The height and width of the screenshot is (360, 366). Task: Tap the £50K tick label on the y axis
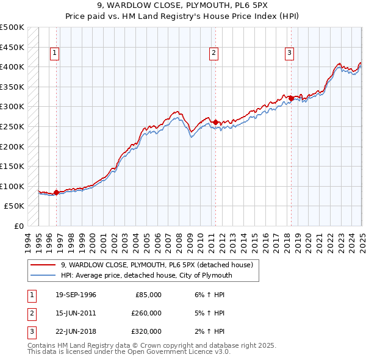tap(15, 206)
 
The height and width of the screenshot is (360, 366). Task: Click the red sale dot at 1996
tap(56, 193)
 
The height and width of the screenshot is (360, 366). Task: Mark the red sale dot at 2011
tap(215, 122)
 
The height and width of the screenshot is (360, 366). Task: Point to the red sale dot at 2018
tap(291, 98)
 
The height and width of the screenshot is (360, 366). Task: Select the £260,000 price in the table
tap(146, 313)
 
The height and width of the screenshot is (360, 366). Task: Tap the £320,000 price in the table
tap(146, 331)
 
